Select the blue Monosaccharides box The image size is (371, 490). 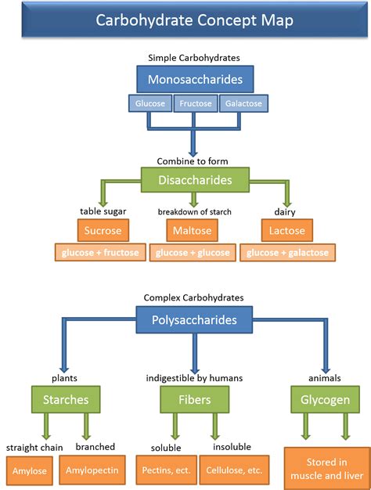[193, 79]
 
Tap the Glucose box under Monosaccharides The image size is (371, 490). [149, 103]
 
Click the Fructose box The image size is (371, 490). [194, 103]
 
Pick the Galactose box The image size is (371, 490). [242, 103]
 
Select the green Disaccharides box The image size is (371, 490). [194, 180]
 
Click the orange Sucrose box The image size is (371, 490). [103, 231]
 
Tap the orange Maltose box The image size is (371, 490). [193, 231]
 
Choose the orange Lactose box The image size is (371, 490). [286, 231]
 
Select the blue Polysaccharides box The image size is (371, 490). [194, 321]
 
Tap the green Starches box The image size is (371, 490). [65, 400]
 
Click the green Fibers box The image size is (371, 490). [193, 400]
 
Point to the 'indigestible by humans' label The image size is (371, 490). [194, 378]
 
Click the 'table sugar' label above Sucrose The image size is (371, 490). [103, 211]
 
